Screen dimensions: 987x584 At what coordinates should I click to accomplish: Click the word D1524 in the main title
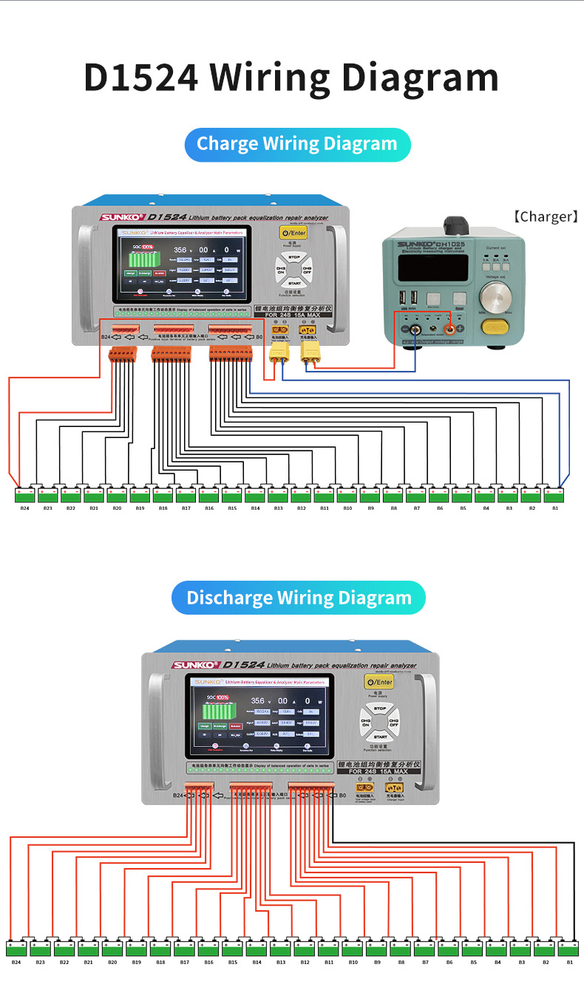click(x=140, y=78)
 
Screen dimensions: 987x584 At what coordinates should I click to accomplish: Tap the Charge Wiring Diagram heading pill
click(x=297, y=143)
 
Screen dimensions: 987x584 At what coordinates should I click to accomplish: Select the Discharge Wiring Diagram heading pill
click(x=299, y=598)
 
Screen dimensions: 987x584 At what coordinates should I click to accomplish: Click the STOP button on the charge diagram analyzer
click(x=293, y=256)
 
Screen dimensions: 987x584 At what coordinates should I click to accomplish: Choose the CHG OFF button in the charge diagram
click(x=308, y=270)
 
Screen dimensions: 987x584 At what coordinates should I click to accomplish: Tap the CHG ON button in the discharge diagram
click(x=365, y=722)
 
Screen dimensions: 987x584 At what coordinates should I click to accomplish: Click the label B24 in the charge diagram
click(x=24, y=508)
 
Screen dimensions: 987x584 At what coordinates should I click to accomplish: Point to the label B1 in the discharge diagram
click(x=570, y=963)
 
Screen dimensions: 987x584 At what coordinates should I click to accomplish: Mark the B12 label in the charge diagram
click(x=301, y=508)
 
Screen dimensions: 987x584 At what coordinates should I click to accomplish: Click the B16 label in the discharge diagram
click(x=208, y=963)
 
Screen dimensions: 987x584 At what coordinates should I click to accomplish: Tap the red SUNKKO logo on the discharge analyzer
click(x=194, y=665)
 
